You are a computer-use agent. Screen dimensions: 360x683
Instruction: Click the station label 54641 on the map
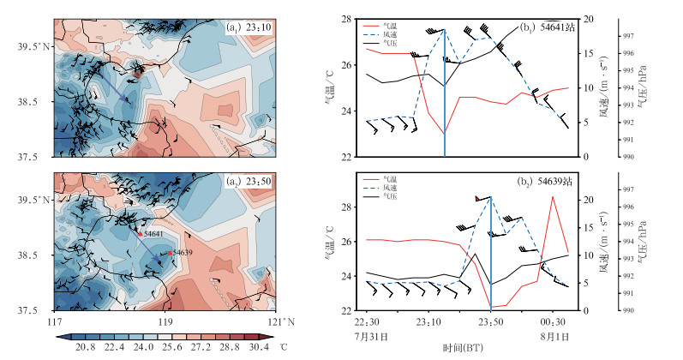point(154,233)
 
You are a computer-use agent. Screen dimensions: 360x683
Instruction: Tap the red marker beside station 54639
point(171,254)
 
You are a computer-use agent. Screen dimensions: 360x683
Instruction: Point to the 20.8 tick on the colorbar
point(83,346)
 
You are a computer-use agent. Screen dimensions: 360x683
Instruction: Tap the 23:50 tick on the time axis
point(491,321)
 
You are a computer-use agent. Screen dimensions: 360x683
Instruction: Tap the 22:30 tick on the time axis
point(366,321)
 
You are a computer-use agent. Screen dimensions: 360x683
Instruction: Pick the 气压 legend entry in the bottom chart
point(395,198)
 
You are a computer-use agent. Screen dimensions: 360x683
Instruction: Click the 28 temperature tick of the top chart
point(349,19)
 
